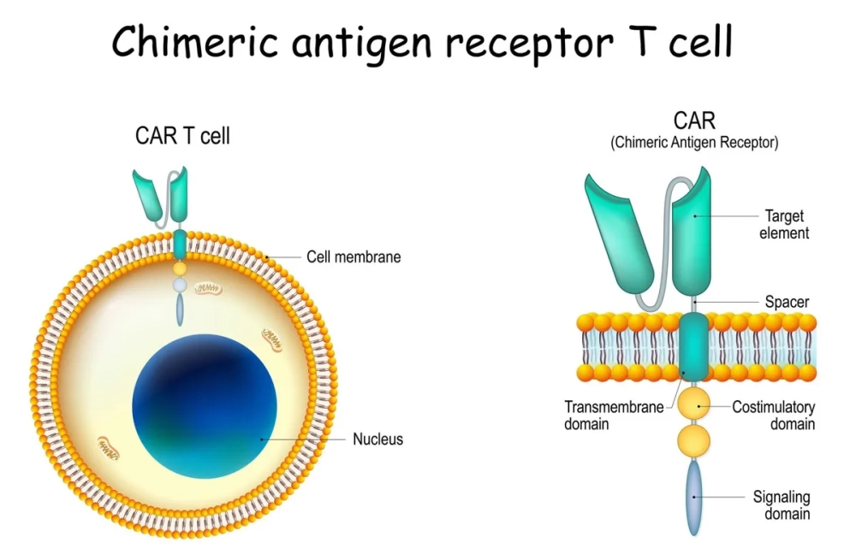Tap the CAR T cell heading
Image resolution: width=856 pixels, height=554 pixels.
182,136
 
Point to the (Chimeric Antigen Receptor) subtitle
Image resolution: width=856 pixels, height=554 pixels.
694,143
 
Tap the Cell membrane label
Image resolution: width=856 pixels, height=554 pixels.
353,256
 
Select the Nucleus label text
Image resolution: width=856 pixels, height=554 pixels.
377,439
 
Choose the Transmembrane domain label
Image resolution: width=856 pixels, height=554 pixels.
614,415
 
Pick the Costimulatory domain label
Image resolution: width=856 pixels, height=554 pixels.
773,415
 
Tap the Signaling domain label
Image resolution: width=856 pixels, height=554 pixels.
781,504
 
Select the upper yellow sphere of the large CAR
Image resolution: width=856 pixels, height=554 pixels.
693,401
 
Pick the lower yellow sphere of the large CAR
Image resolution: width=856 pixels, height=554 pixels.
693,441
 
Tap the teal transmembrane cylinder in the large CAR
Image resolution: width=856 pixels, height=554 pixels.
693,345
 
